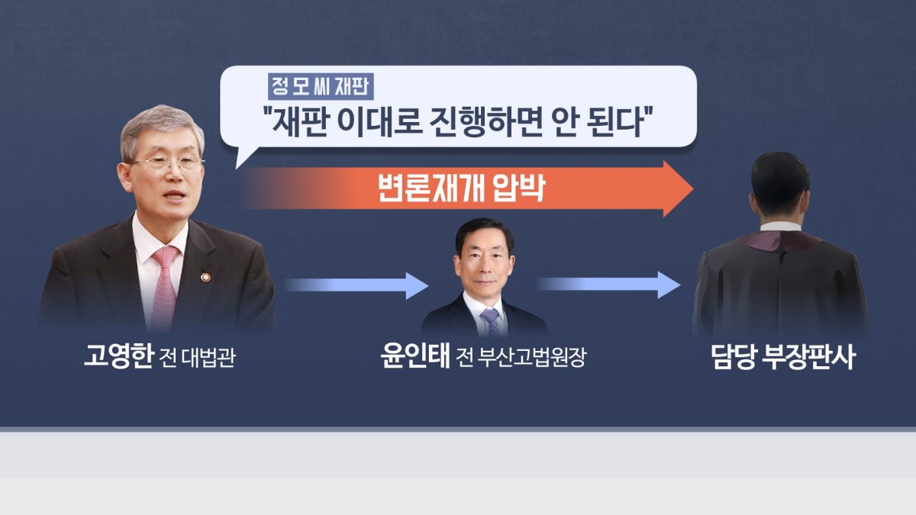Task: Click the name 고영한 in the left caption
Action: point(118,356)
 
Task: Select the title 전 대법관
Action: point(198,358)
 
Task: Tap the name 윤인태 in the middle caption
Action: point(415,356)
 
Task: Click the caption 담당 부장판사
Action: point(783,357)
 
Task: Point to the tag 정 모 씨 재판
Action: point(321,87)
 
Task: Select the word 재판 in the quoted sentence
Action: point(299,121)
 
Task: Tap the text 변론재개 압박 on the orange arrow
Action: point(462,189)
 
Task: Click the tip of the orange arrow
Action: point(694,189)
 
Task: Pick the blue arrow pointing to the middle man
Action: point(356,285)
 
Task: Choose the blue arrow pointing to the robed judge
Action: point(609,285)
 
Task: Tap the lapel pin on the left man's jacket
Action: point(205,278)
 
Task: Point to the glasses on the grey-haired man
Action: point(167,163)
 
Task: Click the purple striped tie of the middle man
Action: point(490,321)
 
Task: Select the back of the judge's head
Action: point(780,181)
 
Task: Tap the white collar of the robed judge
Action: point(780,227)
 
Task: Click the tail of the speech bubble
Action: point(244,157)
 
